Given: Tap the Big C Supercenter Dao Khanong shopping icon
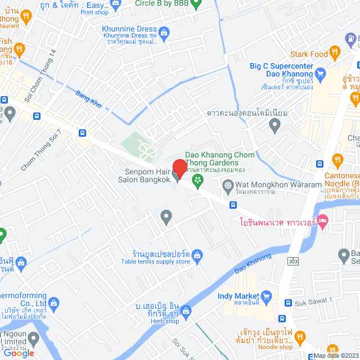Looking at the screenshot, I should (x=321, y=73).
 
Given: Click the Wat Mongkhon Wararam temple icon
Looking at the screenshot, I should (x=228, y=184).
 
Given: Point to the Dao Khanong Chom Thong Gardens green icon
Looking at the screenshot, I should (x=197, y=180).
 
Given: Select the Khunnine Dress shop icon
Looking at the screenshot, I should (x=164, y=33).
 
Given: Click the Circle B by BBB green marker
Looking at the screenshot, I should (x=196, y=5).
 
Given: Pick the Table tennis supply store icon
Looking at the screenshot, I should (x=197, y=257).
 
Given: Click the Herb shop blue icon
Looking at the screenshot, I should (x=186, y=312).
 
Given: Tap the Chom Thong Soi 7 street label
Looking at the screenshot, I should (x=42, y=151).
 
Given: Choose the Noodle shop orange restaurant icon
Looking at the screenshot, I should (x=299, y=337).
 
